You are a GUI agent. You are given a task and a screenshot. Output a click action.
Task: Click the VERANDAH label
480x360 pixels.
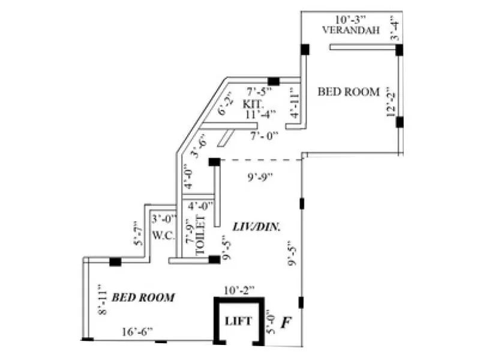tap(351, 30)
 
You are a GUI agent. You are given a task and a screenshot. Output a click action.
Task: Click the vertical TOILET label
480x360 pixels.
tap(202, 236)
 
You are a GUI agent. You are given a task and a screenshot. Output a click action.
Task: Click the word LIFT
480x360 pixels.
tap(238, 321)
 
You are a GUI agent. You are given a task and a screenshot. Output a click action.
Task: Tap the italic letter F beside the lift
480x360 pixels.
tap(286, 322)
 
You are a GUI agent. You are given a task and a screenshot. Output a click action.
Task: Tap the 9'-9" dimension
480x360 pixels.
tap(260, 176)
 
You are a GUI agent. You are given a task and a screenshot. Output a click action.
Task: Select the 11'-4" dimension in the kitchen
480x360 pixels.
tap(260, 113)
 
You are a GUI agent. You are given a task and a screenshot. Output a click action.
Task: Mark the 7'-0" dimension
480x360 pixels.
tap(265, 136)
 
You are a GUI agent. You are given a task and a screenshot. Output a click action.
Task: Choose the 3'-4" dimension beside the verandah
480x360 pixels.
tap(394, 29)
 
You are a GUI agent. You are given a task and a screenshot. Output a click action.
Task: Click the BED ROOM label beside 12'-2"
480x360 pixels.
tap(349, 92)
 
